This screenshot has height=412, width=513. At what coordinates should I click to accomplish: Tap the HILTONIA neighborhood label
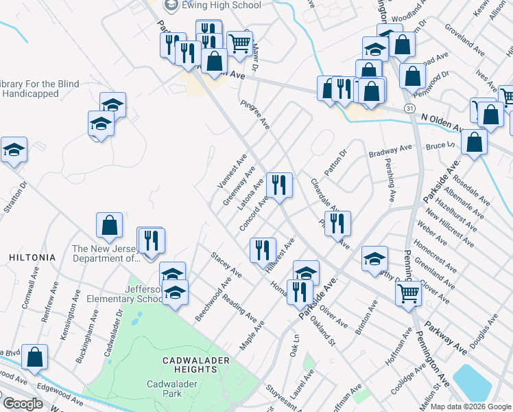[27, 257]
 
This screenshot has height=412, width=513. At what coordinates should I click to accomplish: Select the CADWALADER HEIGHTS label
[190, 365]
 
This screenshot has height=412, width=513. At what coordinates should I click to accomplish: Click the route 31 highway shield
[409, 109]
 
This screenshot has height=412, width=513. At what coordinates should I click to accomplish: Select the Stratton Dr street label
[24, 195]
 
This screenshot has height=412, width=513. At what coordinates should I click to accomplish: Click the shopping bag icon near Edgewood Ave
[34, 356]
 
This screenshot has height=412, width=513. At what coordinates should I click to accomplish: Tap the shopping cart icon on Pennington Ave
[408, 293]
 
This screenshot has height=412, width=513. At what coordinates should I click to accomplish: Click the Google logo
[23, 404]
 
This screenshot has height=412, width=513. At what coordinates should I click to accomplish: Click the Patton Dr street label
[336, 163]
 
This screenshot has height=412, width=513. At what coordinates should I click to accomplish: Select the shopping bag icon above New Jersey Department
[110, 225]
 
